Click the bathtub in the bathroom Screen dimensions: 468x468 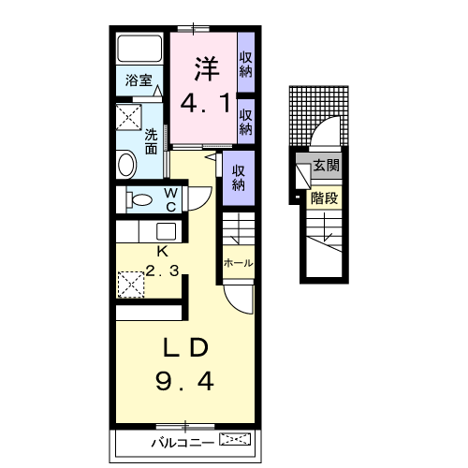pyautogui.click(x=139, y=49)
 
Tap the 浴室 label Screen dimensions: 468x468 pyautogui.click(x=139, y=80)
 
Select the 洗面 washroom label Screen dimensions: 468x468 pyautogui.click(x=151, y=141)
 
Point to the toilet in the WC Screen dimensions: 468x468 pyautogui.click(x=139, y=199)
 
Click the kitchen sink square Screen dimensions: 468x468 pyautogui.click(x=166, y=231)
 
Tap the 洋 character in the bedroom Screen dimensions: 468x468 pyautogui.click(x=207, y=68)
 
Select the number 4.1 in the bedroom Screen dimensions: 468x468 pyautogui.click(x=206, y=103)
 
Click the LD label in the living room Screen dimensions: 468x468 pyautogui.click(x=186, y=347)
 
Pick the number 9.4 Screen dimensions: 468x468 pyautogui.click(x=184, y=381)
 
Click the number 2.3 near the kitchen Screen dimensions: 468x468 pyautogui.click(x=162, y=271)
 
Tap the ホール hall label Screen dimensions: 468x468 pyautogui.click(x=238, y=263)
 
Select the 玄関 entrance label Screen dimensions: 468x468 pyautogui.click(x=326, y=165)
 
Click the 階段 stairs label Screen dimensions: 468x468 pyautogui.click(x=324, y=198)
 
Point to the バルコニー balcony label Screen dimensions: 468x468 pyautogui.click(x=183, y=443)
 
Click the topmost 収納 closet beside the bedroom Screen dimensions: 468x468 pyautogui.click(x=246, y=65)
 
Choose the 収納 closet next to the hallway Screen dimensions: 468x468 pyautogui.click(x=239, y=178)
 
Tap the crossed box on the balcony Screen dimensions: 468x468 pyautogui.click(x=235, y=439)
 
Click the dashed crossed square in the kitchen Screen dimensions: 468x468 pyautogui.click(x=131, y=285)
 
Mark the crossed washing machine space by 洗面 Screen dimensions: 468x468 pyautogui.click(x=129, y=117)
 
